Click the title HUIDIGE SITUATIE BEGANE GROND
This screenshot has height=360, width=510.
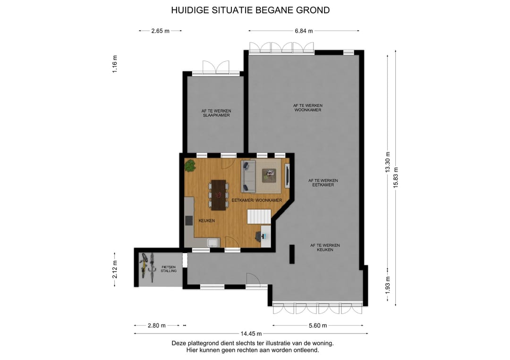(x=250, y=10)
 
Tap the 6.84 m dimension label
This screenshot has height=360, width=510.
(x=304, y=31)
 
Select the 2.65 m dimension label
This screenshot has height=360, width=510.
(x=161, y=31)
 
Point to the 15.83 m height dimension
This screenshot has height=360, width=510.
(x=396, y=177)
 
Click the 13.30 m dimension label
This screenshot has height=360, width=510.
(x=388, y=162)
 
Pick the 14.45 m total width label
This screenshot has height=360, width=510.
(x=251, y=334)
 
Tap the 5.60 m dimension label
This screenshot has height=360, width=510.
(x=318, y=326)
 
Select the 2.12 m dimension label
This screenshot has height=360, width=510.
(x=115, y=270)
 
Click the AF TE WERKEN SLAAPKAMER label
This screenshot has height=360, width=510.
(x=216, y=113)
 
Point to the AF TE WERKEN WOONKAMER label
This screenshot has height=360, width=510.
(x=308, y=108)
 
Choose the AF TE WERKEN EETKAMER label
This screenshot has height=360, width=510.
(x=323, y=183)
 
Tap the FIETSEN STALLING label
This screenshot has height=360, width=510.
(x=169, y=269)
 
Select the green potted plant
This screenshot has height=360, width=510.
(x=190, y=166)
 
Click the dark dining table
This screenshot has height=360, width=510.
(x=219, y=195)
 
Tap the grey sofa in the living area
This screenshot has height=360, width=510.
(x=248, y=176)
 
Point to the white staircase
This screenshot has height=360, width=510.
(x=259, y=217)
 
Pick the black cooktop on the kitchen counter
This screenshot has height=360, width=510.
(x=189, y=220)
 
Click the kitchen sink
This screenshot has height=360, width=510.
(x=213, y=243)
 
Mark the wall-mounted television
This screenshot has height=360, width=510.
(x=287, y=176)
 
